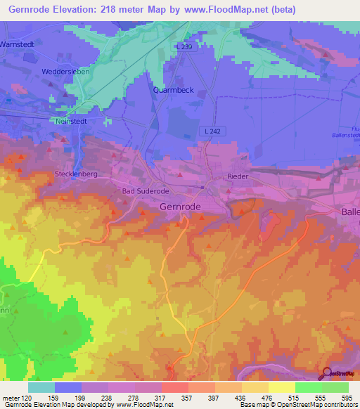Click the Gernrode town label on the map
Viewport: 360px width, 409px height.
coord(181,207)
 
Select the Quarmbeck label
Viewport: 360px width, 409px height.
coord(174,90)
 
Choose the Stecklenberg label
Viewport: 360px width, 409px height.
coord(77,174)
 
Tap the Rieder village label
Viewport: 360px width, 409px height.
coord(238,176)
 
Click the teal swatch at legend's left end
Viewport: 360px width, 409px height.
coord(41,387)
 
